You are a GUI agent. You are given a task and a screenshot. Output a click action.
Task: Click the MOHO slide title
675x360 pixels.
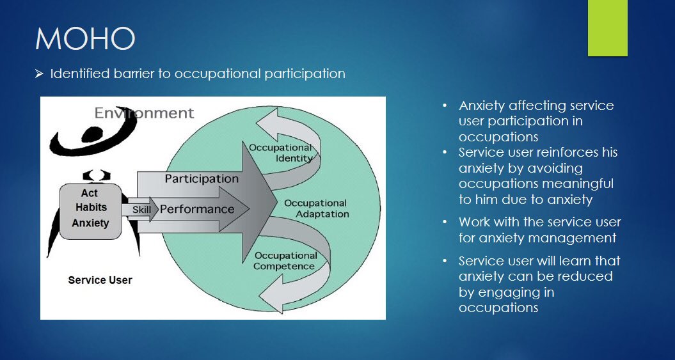pos(84,39)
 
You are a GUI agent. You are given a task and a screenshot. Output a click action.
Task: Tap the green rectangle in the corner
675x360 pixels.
pos(607,27)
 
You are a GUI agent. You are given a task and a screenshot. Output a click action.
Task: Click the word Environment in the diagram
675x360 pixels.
pos(144,113)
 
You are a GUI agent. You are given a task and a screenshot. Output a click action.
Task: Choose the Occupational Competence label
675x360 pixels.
pos(285,261)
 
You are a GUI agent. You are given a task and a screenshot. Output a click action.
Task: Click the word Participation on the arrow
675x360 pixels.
pos(202,178)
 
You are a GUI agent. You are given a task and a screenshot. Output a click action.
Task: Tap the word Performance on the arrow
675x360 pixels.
pos(197,209)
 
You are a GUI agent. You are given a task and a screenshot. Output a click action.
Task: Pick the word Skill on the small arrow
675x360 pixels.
pos(141,210)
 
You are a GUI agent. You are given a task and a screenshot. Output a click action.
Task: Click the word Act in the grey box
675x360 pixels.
pos(90,193)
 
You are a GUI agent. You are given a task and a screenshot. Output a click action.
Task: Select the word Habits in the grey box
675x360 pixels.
pos(91,208)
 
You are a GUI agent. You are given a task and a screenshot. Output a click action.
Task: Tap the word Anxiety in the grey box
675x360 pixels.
pos(90,223)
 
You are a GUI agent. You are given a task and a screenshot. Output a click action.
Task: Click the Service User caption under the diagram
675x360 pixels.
pos(100,280)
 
